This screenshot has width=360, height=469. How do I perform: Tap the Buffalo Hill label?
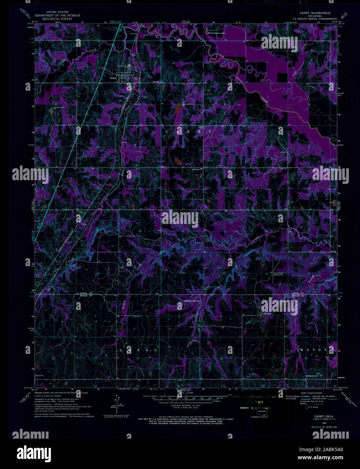(312, 376)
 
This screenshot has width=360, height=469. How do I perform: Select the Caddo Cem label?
(39, 375)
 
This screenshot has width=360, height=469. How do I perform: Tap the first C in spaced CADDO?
(121, 350)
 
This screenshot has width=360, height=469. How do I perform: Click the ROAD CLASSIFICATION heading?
(310, 393)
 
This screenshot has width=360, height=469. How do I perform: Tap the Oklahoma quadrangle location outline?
(261, 412)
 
